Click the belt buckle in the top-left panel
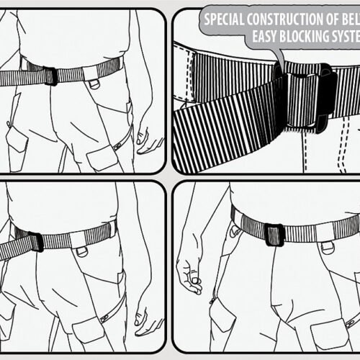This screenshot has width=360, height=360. [50, 76]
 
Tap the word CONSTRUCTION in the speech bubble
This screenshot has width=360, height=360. [295, 19]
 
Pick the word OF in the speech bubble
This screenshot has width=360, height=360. [341, 19]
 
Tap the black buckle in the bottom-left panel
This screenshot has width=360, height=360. [36, 241]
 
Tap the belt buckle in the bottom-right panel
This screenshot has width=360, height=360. [274, 235]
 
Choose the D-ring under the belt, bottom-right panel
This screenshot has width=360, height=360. [328, 247]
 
